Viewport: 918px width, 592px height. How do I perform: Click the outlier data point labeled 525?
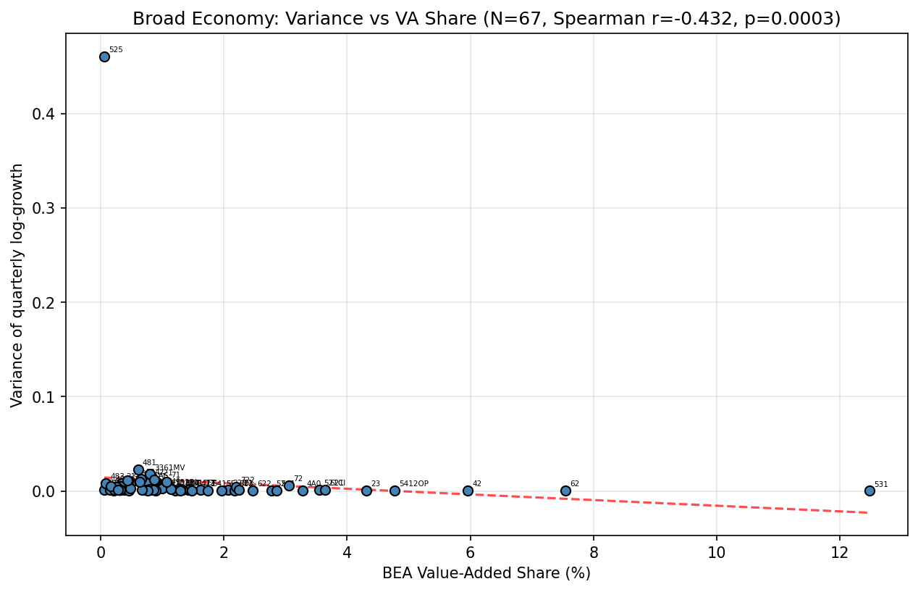[x=104, y=57]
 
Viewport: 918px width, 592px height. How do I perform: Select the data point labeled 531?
[x=869, y=491]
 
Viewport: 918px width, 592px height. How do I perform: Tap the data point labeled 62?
[x=565, y=491]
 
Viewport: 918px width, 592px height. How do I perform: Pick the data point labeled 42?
[x=468, y=491]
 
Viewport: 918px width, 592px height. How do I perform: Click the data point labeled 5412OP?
[x=395, y=491]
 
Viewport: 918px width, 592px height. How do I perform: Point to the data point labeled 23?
[x=366, y=491]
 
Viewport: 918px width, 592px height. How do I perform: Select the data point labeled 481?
[x=138, y=470]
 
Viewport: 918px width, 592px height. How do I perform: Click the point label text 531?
[x=880, y=484]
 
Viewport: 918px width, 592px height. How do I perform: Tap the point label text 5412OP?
[x=413, y=484]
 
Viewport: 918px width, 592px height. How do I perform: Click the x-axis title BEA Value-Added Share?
[x=487, y=573]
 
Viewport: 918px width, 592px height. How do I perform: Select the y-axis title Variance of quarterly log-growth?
[x=17, y=285]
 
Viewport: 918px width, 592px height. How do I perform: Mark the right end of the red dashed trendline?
[x=867, y=512]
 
